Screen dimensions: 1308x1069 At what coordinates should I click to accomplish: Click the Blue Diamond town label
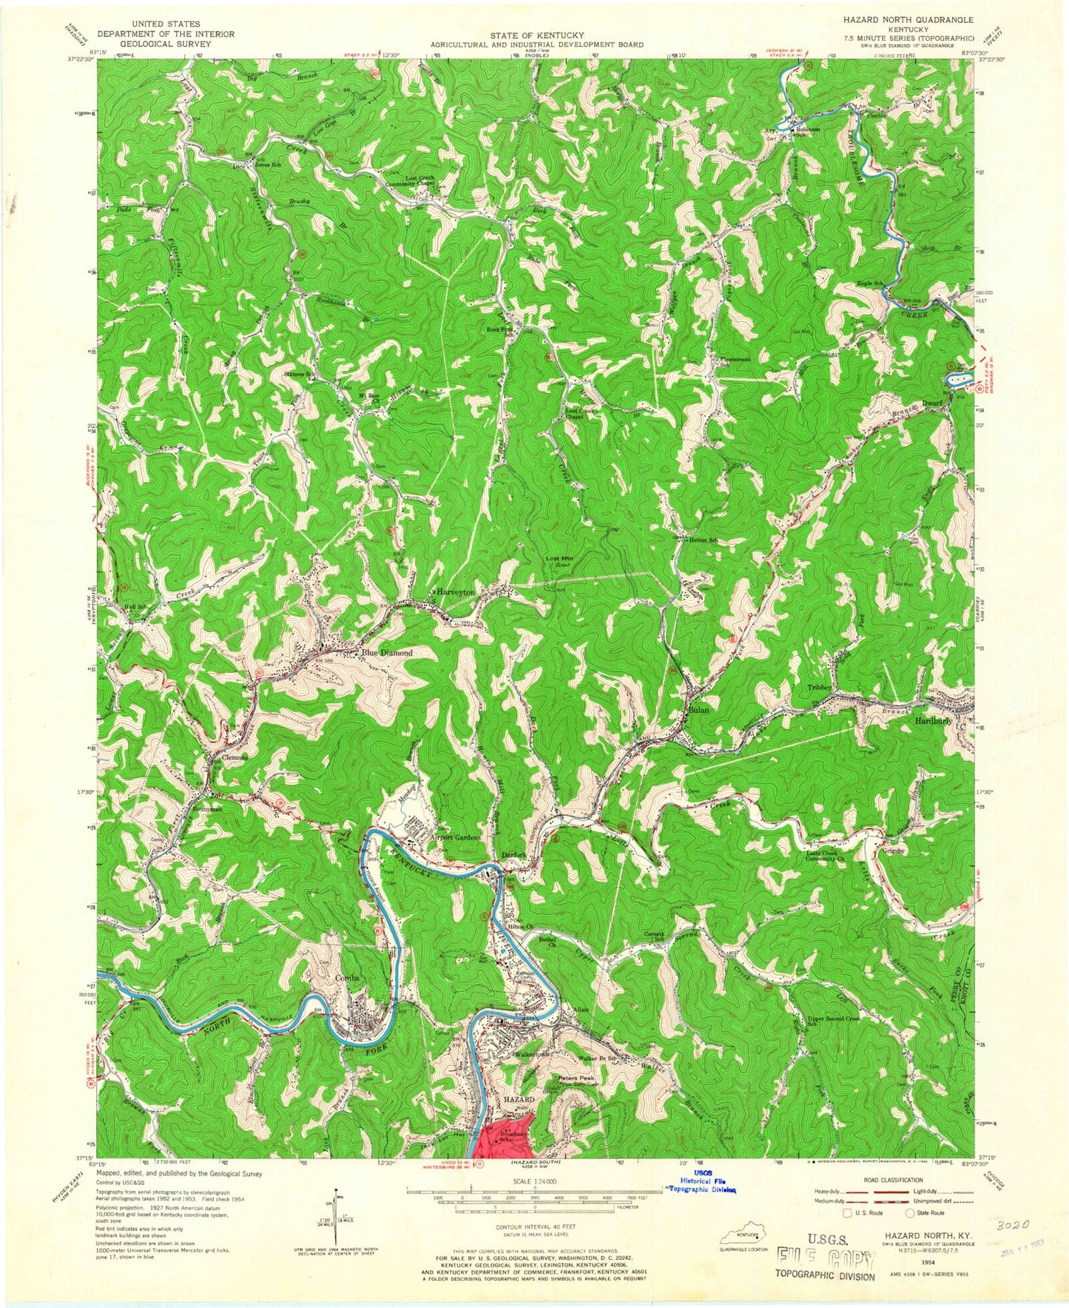click(386, 653)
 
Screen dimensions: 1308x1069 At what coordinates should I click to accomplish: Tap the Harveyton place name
click(454, 592)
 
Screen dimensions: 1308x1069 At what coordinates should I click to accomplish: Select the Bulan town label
click(698, 709)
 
